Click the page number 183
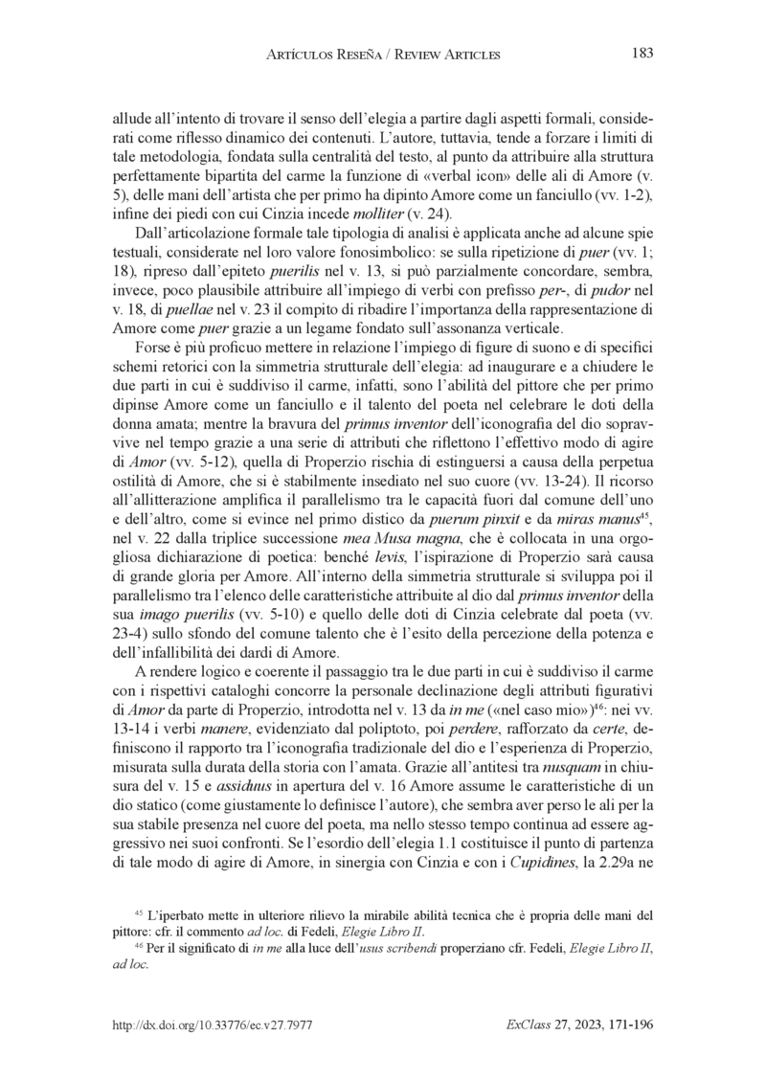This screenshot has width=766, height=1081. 642,54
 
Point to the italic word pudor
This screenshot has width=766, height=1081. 602,287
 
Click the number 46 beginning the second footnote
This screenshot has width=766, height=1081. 138,944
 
